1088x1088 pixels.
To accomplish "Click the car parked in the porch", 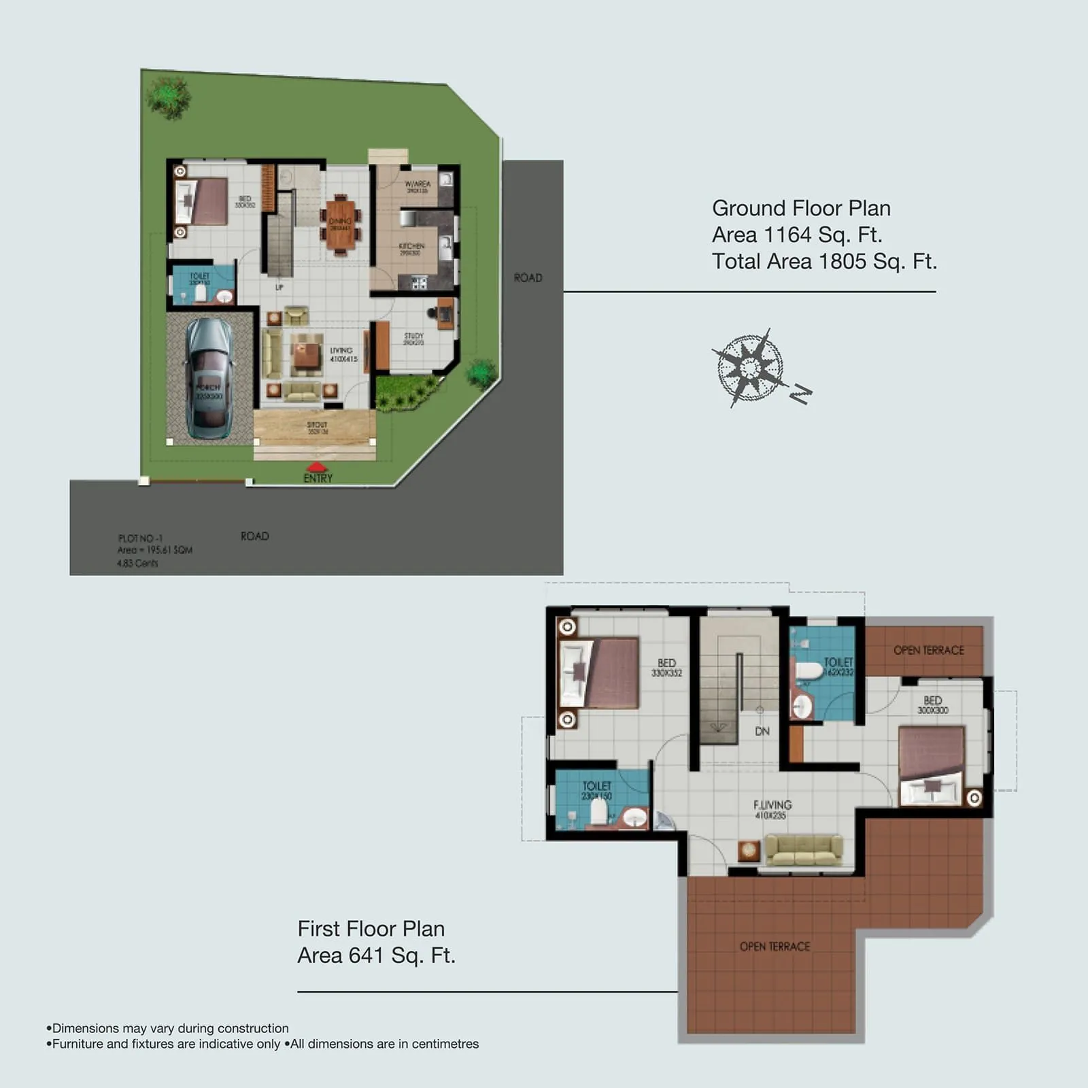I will (209, 378).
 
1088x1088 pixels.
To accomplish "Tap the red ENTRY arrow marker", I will (317, 467).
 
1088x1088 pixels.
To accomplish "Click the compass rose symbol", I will (750, 368).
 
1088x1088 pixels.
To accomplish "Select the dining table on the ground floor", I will (340, 224).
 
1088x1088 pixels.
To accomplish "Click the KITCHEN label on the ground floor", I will (411, 245).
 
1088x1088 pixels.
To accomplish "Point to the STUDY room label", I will (413, 336).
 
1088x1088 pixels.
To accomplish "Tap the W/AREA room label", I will (418, 184).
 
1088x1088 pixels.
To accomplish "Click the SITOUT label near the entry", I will (317, 425).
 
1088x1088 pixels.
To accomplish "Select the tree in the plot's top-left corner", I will (168, 97).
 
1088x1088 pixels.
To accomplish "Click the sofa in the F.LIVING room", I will (804, 850).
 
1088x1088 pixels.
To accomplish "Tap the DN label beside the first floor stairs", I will (762, 732).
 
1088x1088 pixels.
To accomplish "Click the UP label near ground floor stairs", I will (279, 288).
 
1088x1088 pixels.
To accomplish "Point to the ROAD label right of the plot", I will (528, 277).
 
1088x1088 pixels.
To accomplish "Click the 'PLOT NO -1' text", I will (140, 538).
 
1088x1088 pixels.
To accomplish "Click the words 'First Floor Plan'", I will (371, 929).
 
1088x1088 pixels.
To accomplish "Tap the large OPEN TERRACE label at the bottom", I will (775, 947).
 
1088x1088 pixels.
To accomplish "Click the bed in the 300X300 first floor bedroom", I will (931, 765).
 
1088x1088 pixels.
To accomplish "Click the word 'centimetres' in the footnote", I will (445, 1044).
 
